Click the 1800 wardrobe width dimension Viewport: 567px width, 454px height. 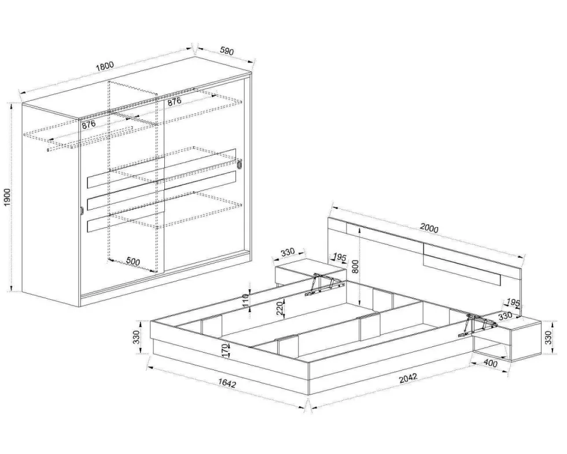[x=105, y=66]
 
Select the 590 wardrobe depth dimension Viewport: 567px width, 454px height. [x=226, y=52]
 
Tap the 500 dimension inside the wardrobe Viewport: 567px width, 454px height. [x=133, y=261]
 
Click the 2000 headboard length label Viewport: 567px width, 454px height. [x=429, y=229]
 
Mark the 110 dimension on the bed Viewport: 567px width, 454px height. [x=245, y=301]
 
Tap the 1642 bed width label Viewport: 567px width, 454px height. [x=227, y=383]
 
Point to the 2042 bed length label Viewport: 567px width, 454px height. [x=408, y=378]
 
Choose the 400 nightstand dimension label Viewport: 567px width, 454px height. [x=491, y=363]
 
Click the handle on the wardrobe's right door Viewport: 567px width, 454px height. [x=240, y=164]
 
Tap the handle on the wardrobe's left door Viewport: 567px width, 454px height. [x=82, y=211]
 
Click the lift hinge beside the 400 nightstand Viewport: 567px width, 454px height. [x=477, y=325]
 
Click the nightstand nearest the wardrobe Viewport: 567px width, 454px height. [x=309, y=274]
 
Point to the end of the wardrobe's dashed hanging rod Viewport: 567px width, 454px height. [x=47, y=149]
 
